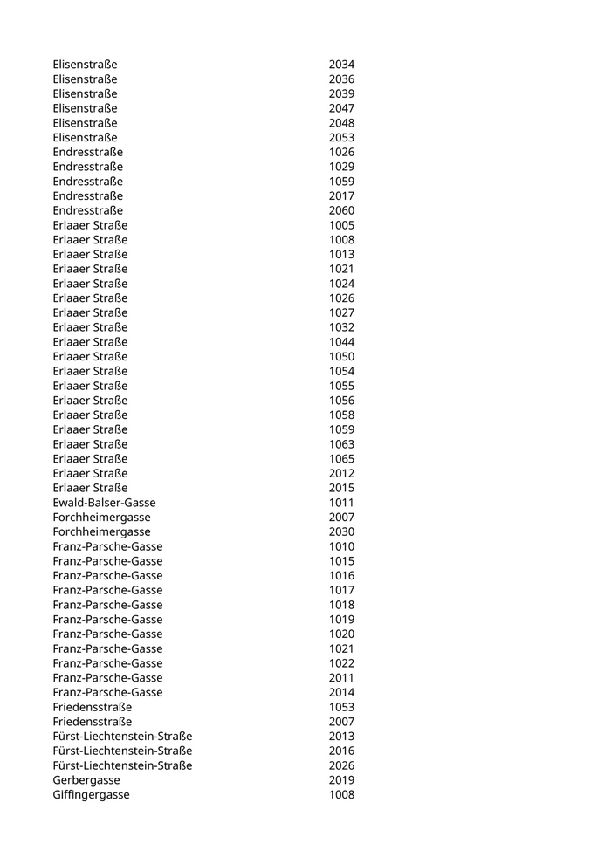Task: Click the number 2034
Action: [341, 65]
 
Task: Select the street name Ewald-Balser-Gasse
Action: [104, 503]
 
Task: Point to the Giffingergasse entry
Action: [91, 795]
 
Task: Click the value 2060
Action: [341, 210]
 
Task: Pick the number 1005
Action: [341, 225]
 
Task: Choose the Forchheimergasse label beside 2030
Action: [101, 531]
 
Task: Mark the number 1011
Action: [341, 503]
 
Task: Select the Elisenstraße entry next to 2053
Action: [85, 138]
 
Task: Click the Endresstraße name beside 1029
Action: [87, 167]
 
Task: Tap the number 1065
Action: [341, 459]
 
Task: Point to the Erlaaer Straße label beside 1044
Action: [90, 342]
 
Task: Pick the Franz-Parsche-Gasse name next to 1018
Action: [107, 605]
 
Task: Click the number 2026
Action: [341, 765]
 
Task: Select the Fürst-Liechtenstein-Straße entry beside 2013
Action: [122, 737]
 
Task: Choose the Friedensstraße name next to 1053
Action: [93, 707]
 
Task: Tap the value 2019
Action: [341, 780]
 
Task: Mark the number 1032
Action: [341, 327]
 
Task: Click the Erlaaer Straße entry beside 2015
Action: [90, 488]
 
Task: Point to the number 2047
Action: [341, 108]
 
